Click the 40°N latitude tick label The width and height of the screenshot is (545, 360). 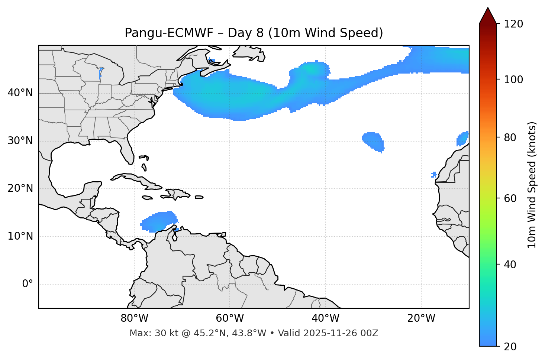pyautogui.click(x=20, y=93)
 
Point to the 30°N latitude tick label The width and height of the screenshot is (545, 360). pyautogui.click(x=20, y=141)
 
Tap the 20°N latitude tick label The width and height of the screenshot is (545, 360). pyautogui.click(x=20, y=188)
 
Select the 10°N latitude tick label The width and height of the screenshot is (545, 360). pyautogui.click(x=20, y=236)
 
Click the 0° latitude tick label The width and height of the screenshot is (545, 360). pyautogui.click(x=27, y=284)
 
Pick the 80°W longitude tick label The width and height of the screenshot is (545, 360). pyautogui.click(x=134, y=318)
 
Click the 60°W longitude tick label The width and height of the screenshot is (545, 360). pyautogui.click(x=230, y=318)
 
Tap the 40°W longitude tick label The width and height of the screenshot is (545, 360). pyautogui.click(x=325, y=318)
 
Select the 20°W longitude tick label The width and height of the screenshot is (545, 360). pyautogui.click(x=421, y=318)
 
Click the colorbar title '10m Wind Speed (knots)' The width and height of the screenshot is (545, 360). pyautogui.click(x=532, y=185)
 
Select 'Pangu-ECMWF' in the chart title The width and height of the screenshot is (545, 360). pyautogui.click(x=169, y=33)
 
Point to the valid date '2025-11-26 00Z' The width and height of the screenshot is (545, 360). pyautogui.click(x=340, y=333)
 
